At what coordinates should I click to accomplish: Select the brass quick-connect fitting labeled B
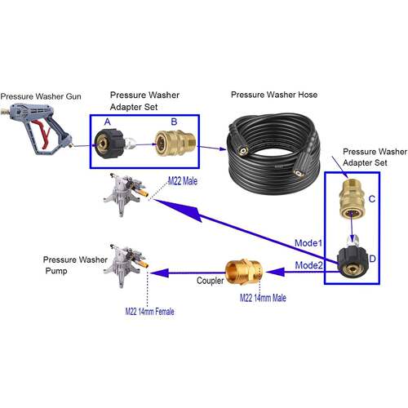(175, 144)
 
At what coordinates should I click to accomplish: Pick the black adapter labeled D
(353, 261)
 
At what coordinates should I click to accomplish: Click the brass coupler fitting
(243, 272)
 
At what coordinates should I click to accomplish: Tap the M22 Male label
(183, 181)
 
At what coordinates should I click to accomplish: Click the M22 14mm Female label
(149, 312)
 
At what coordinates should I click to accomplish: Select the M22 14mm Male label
(263, 298)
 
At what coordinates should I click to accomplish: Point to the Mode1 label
(308, 243)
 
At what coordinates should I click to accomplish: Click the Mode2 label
(308, 265)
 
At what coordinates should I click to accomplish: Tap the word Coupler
(210, 281)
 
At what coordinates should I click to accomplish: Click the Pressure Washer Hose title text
(274, 95)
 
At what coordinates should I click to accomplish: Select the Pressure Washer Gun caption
(41, 96)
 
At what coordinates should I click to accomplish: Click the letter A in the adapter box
(108, 122)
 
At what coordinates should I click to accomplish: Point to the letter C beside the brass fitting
(372, 199)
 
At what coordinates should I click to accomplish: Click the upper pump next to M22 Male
(126, 193)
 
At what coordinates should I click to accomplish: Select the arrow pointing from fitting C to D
(352, 227)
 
